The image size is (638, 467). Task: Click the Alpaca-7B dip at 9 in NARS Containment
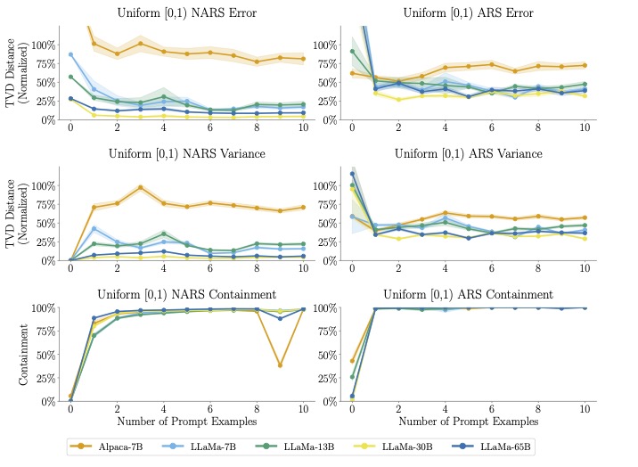pyautogui.click(x=280, y=365)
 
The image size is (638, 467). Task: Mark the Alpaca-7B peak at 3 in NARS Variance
pyautogui.click(x=141, y=187)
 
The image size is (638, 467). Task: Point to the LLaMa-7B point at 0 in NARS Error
pyautogui.click(x=70, y=54)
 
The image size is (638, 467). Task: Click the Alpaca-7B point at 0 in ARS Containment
pyautogui.click(x=352, y=361)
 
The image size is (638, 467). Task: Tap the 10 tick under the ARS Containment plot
pyautogui.click(x=585, y=408)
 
